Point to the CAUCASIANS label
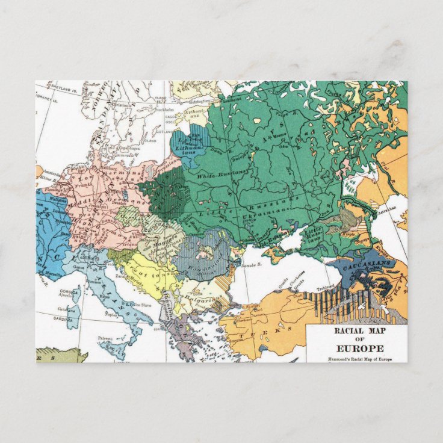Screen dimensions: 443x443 pos(360,263)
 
